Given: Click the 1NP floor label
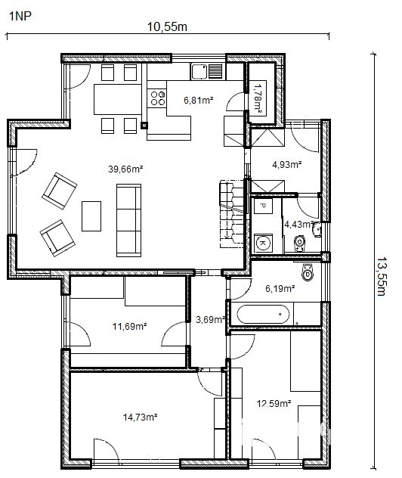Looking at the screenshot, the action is pyautogui.click(x=20, y=16).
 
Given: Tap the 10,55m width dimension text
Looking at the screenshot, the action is pyautogui.click(x=167, y=26).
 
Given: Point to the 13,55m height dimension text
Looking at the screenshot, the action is pyautogui.click(x=382, y=277).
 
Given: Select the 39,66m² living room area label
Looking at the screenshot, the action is pyautogui.click(x=125, y=169).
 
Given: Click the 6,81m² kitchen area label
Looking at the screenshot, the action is pyautogui.click(x=198, y=100).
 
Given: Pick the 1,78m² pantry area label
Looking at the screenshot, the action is pyautogui.click(x=258, y=99).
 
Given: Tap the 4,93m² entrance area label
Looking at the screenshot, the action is pyautogui.click(x=287, y=165).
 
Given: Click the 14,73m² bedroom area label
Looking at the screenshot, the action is pyautogui.click(x=140, y=417).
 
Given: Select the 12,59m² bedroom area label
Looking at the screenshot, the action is pyautogui.click(x=274, y=404).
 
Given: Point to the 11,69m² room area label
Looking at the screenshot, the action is pyautogui.click(x=130, y=327).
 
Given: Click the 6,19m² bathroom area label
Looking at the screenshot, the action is pyautogui.click(x=280, y=288).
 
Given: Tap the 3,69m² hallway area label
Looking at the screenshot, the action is pyautogui.click(x=210, y=320).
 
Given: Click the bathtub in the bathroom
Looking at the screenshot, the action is pyautogui.click(x=263, y=314).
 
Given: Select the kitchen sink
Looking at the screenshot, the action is pyautogui.click(x=208, y=72).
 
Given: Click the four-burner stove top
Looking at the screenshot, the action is pyautogui.click(x=157, y=98).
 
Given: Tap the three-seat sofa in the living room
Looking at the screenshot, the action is pyautogui.click(x=128, y=220).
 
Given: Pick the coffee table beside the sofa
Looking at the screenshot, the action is pyautogui.click(x=91, y=216).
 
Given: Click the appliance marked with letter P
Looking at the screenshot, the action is pyautogui.click(x=263, y=206).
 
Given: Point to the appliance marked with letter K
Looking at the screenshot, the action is pyautogui.click(x=264, y=243).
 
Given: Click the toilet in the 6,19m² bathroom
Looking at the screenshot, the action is pyautogui.click(x=308, y=272).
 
